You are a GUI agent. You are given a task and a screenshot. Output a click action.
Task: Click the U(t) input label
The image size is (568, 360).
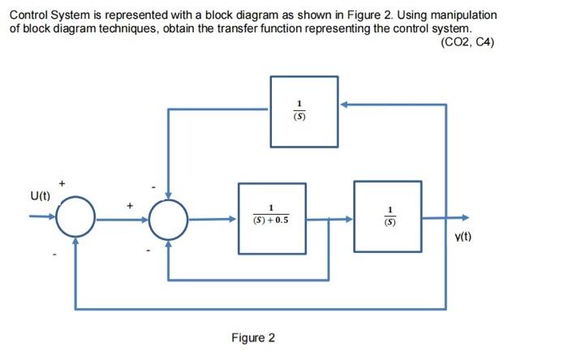[x=40, y=195]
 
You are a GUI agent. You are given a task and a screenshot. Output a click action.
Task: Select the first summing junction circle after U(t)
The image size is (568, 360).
[x=75, y=217]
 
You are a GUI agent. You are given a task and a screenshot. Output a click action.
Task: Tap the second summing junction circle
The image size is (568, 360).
[x=168, y=217]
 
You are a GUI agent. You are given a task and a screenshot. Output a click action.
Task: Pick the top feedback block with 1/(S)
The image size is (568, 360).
[x=304, y=111]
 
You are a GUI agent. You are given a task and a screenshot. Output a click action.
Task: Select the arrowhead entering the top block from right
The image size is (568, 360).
[x=344, y=105]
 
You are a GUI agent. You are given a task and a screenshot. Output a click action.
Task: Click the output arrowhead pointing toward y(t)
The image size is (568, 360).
[x=463, y=217]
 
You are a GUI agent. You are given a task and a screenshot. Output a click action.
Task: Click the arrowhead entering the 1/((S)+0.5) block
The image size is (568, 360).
[x=233, y=217]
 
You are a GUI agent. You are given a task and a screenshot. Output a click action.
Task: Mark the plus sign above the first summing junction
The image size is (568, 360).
[x=58, y=183]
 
